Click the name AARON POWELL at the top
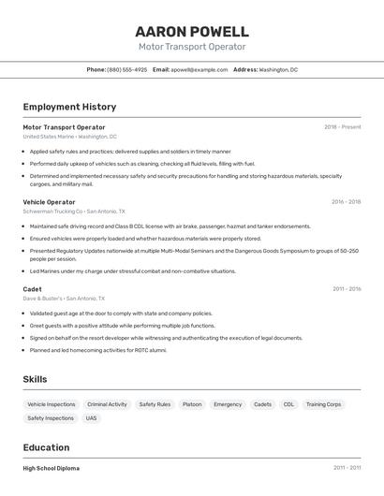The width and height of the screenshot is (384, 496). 192,32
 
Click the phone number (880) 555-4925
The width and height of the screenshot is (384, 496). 127,69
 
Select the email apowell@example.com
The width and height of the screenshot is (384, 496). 199,69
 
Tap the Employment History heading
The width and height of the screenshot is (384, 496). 69,107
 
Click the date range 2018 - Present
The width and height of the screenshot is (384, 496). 342,126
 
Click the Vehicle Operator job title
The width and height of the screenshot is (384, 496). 48,201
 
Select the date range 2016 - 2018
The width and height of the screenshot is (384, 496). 346,201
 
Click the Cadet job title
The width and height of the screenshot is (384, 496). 32,289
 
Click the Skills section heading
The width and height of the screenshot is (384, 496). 36,379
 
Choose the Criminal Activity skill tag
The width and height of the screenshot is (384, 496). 107,404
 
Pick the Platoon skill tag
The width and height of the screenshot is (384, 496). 192,404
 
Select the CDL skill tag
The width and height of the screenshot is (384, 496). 288,404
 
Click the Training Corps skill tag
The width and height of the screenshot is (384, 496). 324,404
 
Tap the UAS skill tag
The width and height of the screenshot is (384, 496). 91,418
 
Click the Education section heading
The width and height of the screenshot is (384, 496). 46,447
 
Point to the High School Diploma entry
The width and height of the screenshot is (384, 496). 52,468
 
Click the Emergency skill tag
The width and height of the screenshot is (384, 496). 228,404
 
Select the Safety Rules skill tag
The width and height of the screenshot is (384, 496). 155,404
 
